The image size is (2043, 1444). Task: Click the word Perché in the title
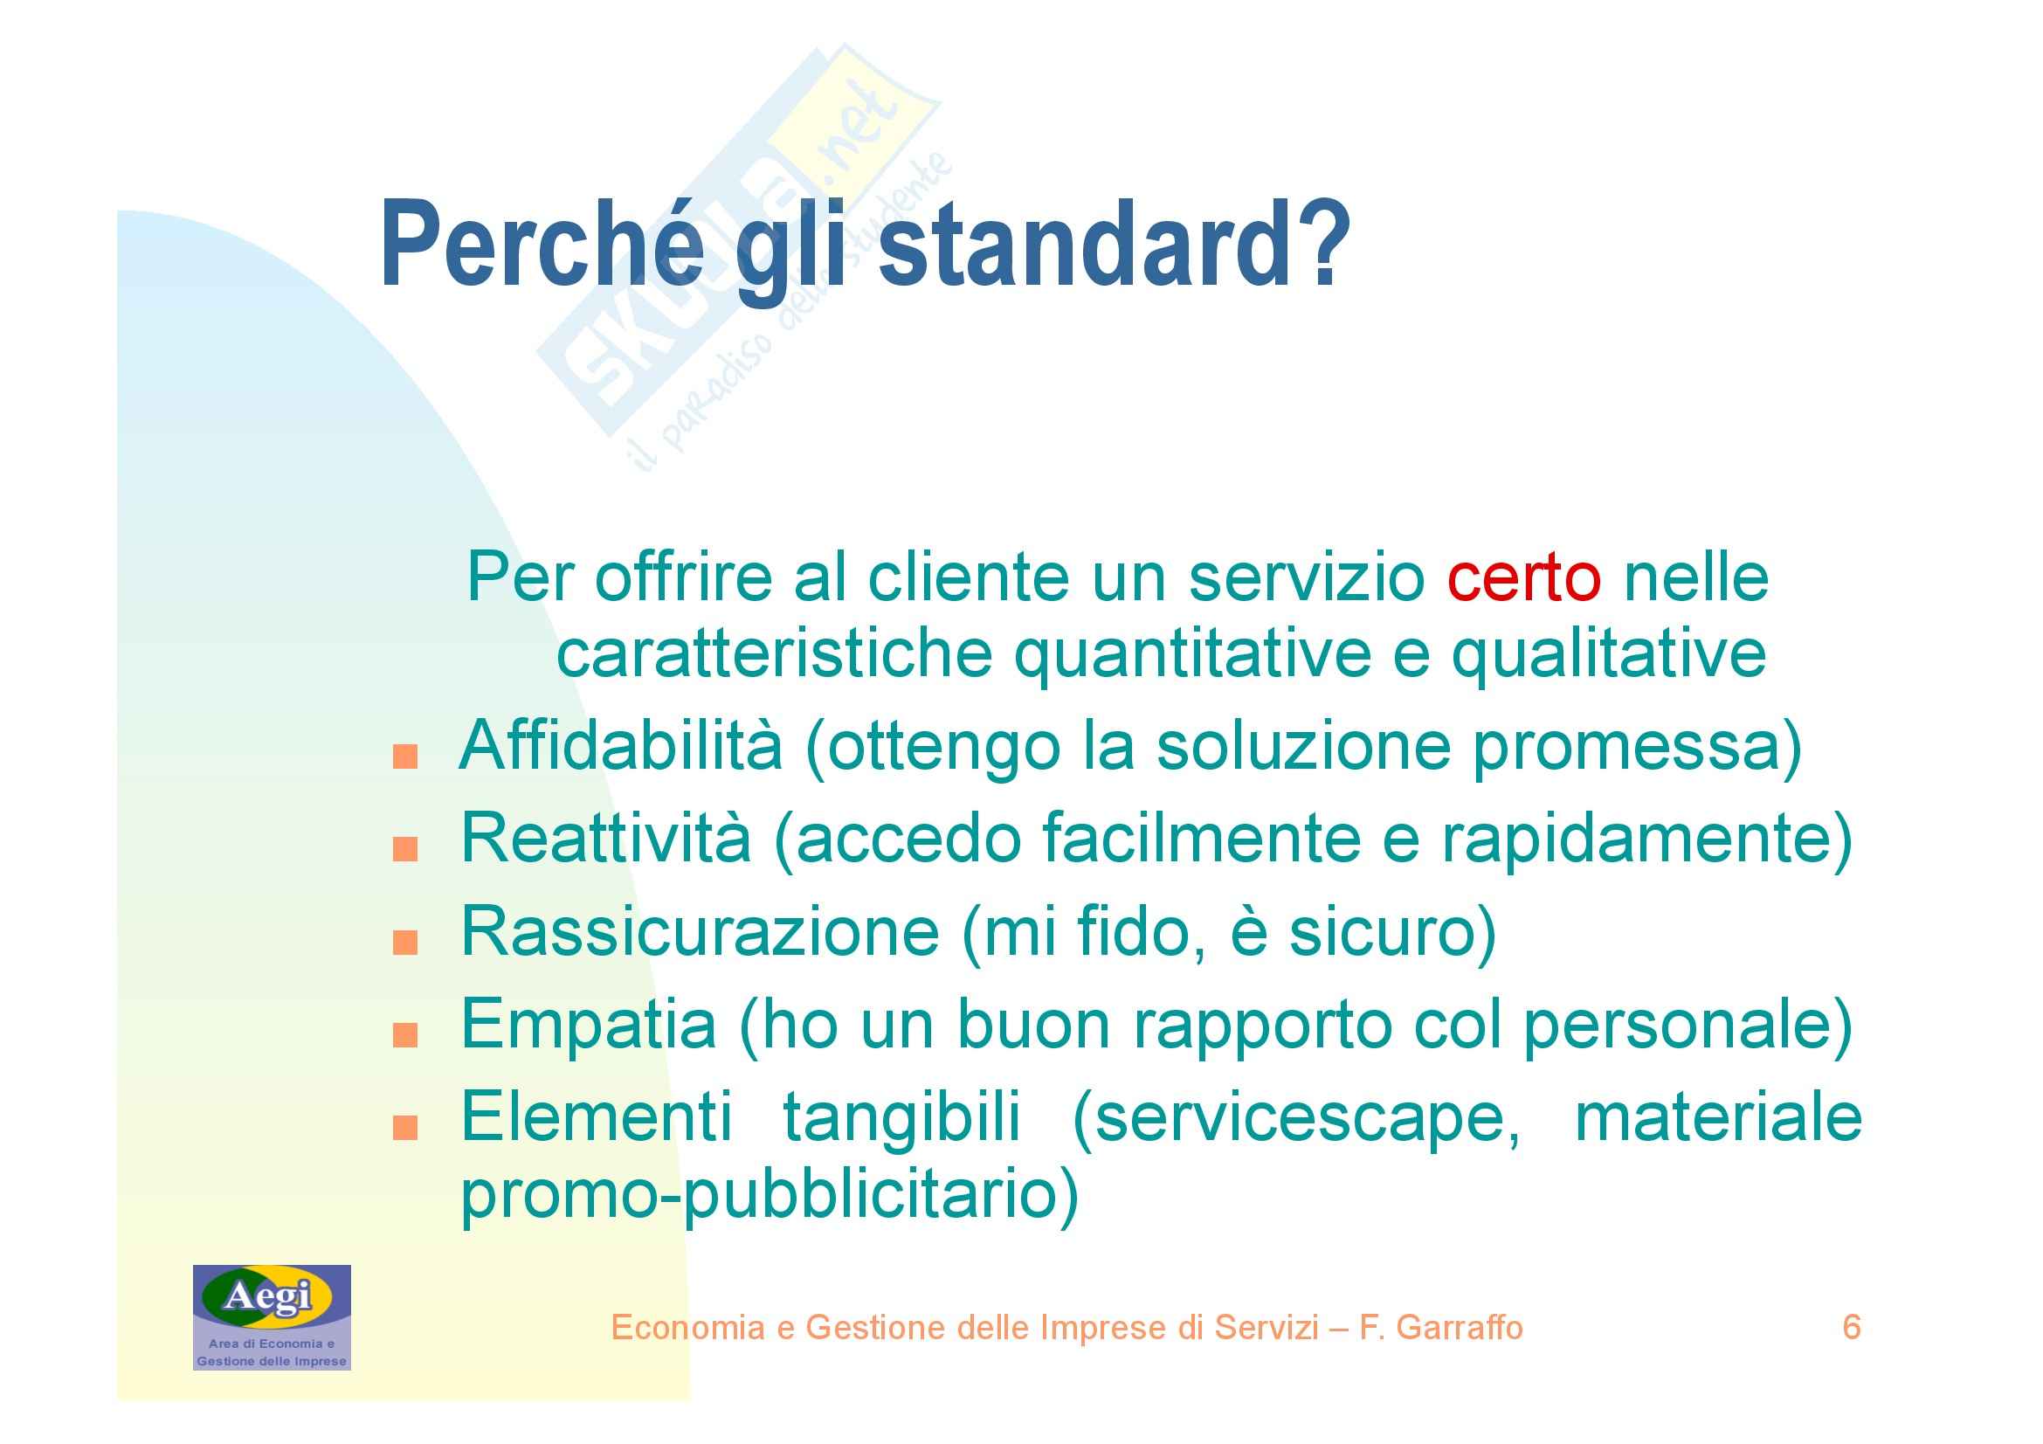click(542, 244)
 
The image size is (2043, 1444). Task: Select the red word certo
click(1523, 578)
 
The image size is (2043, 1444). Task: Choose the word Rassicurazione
click(701, 931)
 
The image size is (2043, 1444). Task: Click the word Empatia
click(588, 1024)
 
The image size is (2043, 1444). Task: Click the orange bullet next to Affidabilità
click(405, 757)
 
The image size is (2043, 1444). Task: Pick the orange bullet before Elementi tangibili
click(405, 1128)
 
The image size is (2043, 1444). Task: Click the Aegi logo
click(273, 1317)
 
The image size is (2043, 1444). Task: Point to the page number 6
click(1851, 1328)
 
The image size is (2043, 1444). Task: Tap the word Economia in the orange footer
click(687, 1328)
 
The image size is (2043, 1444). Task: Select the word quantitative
click(1193, 654)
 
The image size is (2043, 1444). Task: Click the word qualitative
click(1609, 654)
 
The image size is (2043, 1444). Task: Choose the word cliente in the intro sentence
click(969, 578)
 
